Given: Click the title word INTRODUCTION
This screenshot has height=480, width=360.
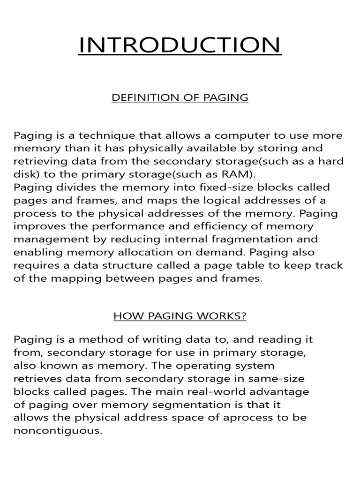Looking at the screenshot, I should [180, 45].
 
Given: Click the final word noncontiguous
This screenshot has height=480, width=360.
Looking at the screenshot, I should [58, 430].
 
